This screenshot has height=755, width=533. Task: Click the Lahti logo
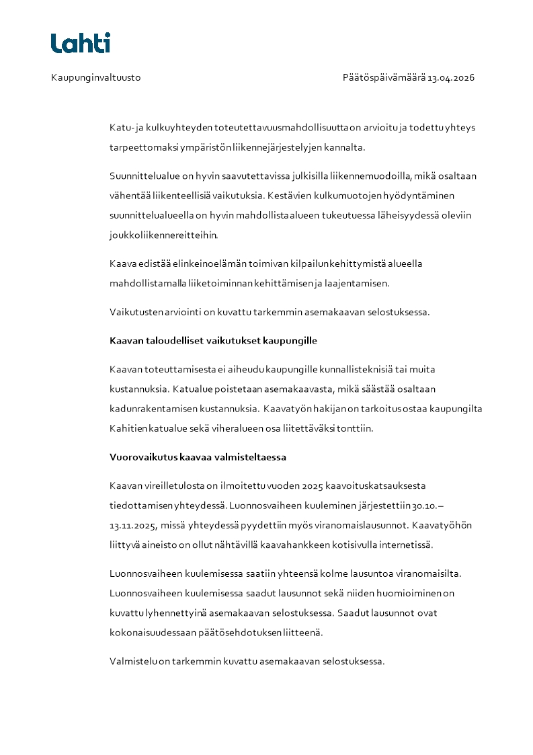(80, 43)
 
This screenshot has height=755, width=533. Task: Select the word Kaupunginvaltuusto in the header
(95, 77)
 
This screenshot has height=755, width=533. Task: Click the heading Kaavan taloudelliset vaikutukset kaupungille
(213, 341)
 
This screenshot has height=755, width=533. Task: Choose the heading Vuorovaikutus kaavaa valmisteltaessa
(198, 457)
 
